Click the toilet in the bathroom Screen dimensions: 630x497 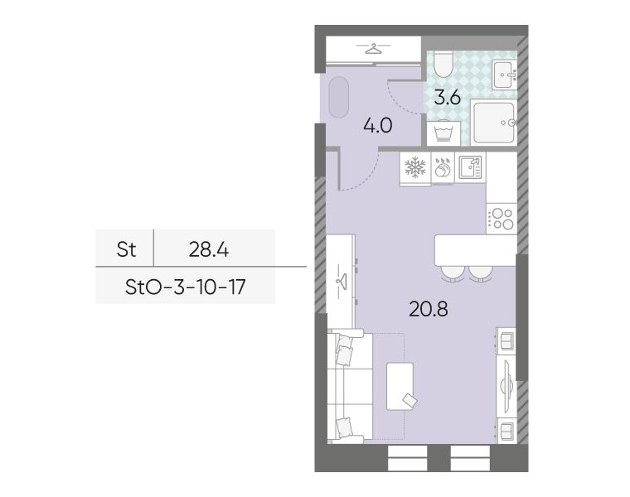(443, 65)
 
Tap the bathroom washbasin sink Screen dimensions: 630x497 (504, 75)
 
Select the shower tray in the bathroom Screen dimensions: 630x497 (494, 123)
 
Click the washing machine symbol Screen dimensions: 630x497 (443, 133)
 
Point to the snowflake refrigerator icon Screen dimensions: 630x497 (415, 167)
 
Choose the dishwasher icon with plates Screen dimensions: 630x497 (443, 167)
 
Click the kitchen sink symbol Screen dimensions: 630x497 (470, 167)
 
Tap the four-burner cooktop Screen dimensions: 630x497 (502, 219)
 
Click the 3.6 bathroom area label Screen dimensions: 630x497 (447, 98)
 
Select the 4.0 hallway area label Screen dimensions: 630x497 (378, 126)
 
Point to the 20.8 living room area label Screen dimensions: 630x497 (429, 309)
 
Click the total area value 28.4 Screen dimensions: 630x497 (209, 249)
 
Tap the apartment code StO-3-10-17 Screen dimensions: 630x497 (185, 287)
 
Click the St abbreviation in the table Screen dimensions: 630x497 (126, 249)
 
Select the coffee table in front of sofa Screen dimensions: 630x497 (400, 386)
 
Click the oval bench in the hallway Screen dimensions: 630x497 (339, 97)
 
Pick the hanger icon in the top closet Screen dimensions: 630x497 (373, 49)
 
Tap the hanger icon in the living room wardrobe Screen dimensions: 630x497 (342, 280)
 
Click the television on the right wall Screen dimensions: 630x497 (506, 385)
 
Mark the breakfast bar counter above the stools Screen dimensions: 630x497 (476, 250)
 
